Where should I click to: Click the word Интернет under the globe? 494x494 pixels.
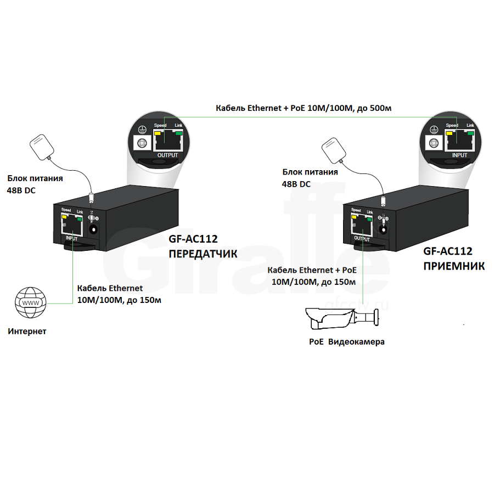(x=27, y=331)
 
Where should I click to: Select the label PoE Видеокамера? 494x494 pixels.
(x=346, y=342)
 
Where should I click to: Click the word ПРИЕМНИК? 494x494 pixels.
(x=453, y=266)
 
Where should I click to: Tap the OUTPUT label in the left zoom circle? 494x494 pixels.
(x=168, y=155)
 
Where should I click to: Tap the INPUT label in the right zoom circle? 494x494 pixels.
(x=459, y=155)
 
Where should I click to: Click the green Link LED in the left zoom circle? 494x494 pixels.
(x=178, y=132)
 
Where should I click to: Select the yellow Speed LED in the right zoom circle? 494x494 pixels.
(x=449, y=132)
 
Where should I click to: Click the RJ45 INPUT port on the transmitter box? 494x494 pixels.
(x=71, y=226)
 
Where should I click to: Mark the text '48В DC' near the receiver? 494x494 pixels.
(x=296, y=184)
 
